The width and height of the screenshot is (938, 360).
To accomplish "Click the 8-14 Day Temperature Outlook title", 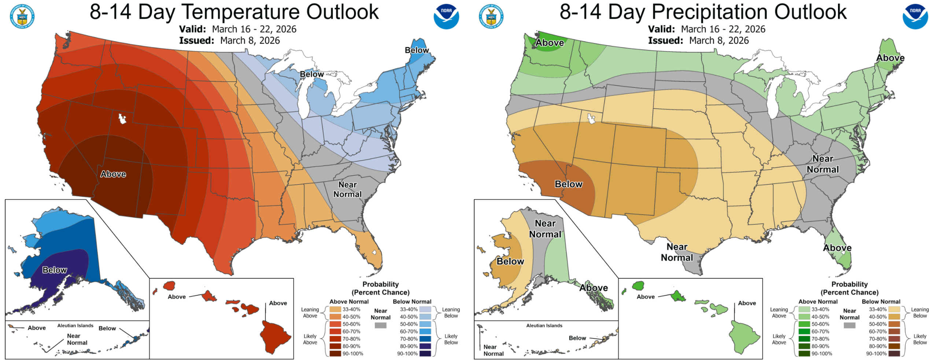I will [x=234, y=12].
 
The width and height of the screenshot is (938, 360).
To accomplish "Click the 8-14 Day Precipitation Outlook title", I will [x=703, y=12].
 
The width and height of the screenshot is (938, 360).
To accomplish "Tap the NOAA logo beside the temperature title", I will [x=446, y=16].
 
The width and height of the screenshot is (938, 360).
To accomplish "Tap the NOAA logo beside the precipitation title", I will [x=915, y=16].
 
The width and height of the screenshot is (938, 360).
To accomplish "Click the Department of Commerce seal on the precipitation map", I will [x=491, y=16].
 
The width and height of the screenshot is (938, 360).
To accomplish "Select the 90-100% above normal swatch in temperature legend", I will [x=335, y=353].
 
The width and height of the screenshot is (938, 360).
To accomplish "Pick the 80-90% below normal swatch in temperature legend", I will [x=425, y=346].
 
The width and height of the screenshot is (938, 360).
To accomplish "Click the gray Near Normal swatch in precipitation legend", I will [x=849, y=325].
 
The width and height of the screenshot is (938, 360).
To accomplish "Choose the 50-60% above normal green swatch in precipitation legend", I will [x=804, y=324].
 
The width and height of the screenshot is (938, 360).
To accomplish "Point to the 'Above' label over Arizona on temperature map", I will [x=113, y=174].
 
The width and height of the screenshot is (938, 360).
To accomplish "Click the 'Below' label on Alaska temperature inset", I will [x=55, y=270].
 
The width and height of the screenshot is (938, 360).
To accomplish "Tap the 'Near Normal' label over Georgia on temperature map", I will [x=347, y=189].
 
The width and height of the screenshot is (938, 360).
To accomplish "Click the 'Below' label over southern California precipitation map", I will [x=568, y=184].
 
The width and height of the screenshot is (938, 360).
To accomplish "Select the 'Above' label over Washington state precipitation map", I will [x=550, y=43].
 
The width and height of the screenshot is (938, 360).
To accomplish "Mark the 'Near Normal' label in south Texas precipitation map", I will [x=677, y=252].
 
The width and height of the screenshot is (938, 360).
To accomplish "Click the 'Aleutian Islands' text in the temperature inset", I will [x=75, y=326].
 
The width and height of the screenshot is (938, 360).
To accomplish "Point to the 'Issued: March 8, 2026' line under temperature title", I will [x=229, y=41].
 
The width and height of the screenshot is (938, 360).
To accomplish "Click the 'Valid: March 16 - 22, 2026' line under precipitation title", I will [x=706, y=29].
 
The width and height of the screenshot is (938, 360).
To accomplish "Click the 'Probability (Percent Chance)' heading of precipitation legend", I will [x=849, y=288].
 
